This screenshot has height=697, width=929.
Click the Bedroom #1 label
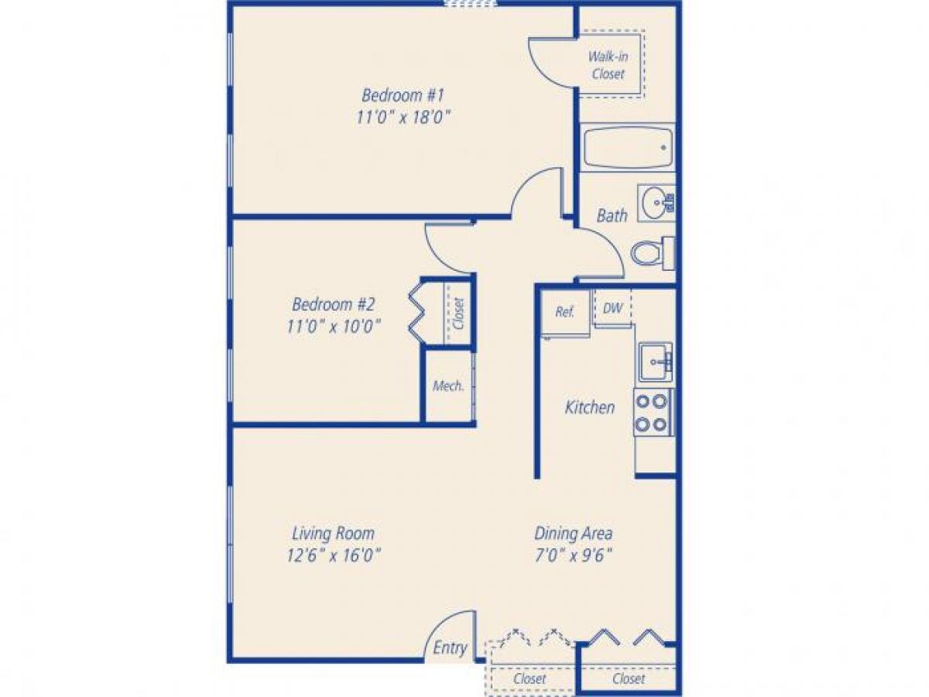(402, 95)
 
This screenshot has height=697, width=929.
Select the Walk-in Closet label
(608, 65)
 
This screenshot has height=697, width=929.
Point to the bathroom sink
(656, 204)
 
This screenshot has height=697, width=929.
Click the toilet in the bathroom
(651, 252)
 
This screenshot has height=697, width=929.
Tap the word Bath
(612, 215)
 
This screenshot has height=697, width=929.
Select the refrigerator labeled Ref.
(565, 313)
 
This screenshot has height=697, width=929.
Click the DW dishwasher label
(612, 308)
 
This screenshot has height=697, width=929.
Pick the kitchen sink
(655, 362)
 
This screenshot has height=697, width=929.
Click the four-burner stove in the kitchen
(652, 413)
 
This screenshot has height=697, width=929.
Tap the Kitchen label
(590, 407)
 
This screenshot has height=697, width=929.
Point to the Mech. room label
(448, 386)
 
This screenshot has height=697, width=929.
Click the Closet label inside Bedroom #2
(459, 314)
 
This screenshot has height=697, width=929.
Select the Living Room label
(333, 534)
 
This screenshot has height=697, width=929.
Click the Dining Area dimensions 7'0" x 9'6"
(573, 555)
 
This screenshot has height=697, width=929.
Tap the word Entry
(450, 648)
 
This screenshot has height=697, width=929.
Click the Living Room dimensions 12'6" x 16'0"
(333, 555)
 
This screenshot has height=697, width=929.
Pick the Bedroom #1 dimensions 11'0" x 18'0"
(402, 117)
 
